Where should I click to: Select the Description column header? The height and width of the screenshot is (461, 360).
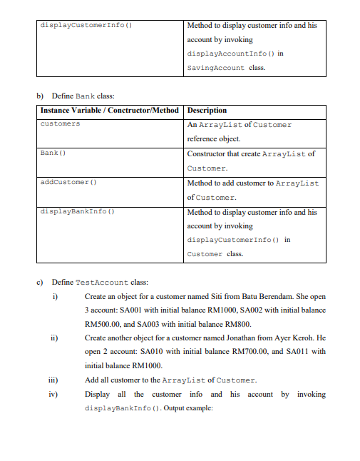tap(207, 111)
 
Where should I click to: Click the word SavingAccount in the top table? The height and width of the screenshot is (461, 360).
tap(212, 68)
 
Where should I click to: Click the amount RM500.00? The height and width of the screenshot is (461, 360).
tap(101, 324)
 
